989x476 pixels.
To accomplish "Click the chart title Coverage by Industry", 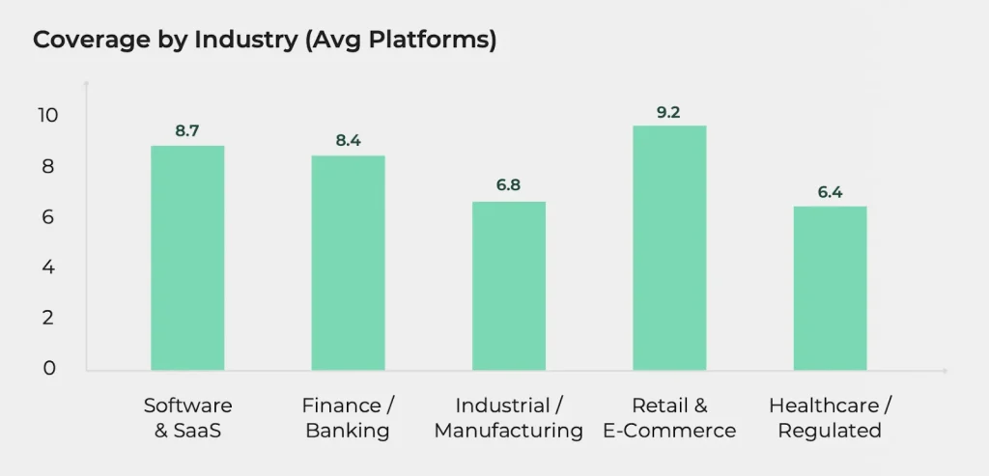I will coord(265,42).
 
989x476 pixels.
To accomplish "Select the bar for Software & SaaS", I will coord(187,258).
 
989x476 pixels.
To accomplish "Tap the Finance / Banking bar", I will coord(348,263).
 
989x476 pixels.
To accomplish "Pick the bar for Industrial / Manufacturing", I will coord(509,286).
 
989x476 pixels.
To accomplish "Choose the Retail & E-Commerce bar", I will coord(669,248).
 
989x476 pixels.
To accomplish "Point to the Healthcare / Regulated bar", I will coord(830,288).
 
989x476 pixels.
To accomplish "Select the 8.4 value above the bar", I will coord(348,141).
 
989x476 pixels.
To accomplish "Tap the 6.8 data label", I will coord(509,186).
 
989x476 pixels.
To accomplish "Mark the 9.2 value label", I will coord(668,112).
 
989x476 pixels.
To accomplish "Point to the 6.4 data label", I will coord(830,192).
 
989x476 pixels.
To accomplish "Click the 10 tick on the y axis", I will coord(47,116).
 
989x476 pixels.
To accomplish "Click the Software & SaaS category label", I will coord(187,417).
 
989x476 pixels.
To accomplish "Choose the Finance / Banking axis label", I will coord(348,417).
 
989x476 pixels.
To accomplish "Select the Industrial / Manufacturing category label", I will coord(509,417).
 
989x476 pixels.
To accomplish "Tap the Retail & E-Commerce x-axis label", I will coord(669,417).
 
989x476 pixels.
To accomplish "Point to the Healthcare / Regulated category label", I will coord(830,417).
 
